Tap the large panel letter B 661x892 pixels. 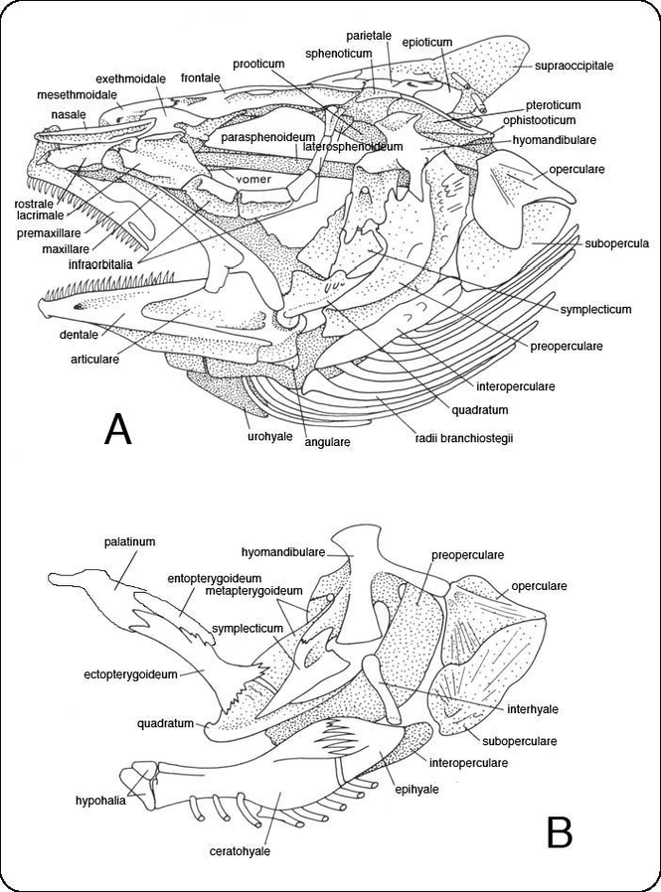click(560, 830)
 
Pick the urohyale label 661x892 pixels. click(269, 435)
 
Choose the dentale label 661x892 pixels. click(79, 335)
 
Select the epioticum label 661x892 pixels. click(427, 43)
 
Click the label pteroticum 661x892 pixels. click(555, 103)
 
